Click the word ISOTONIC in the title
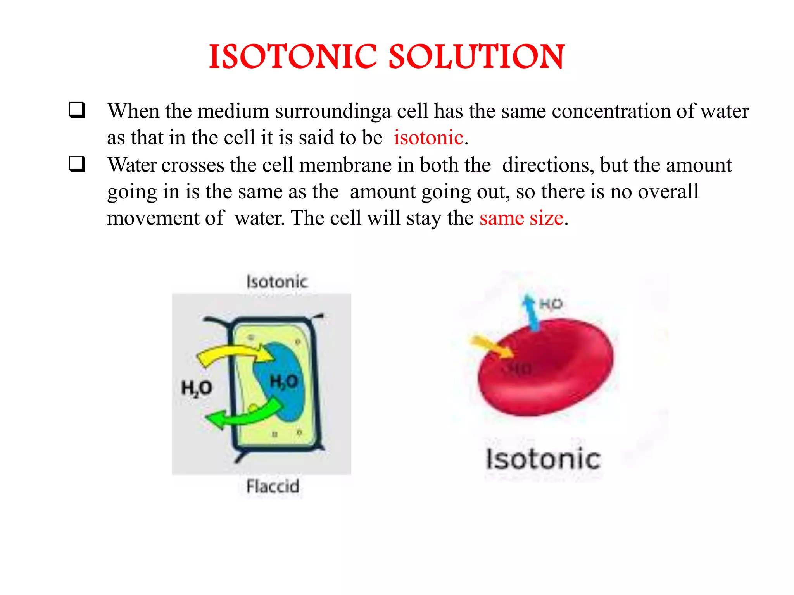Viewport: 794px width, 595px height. pyautogui.click(x=293, y=57)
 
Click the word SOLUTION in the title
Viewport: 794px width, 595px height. pyautogui.click(x=476, y=57)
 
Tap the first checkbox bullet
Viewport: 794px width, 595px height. pyautogui.click(x=77, y=110)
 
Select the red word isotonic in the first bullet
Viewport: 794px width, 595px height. pyautogui.click(x=428, y=138)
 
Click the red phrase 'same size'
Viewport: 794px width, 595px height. pyautogui.click(x=521, y=218)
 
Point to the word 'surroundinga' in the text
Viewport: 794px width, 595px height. pyautogui.click(x=333, y=111)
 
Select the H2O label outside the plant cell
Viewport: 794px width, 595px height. pyautogui.click(x=197, y=388)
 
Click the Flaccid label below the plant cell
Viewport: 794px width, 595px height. pyautogui.click(x=273, y=486)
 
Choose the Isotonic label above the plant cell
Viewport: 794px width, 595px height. pyautogui.click(x=277, y=282)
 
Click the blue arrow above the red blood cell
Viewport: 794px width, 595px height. pyautogui.click(x=531, y=312)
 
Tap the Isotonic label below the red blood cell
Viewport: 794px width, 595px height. pyautogui.click(x=543, y=459)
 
